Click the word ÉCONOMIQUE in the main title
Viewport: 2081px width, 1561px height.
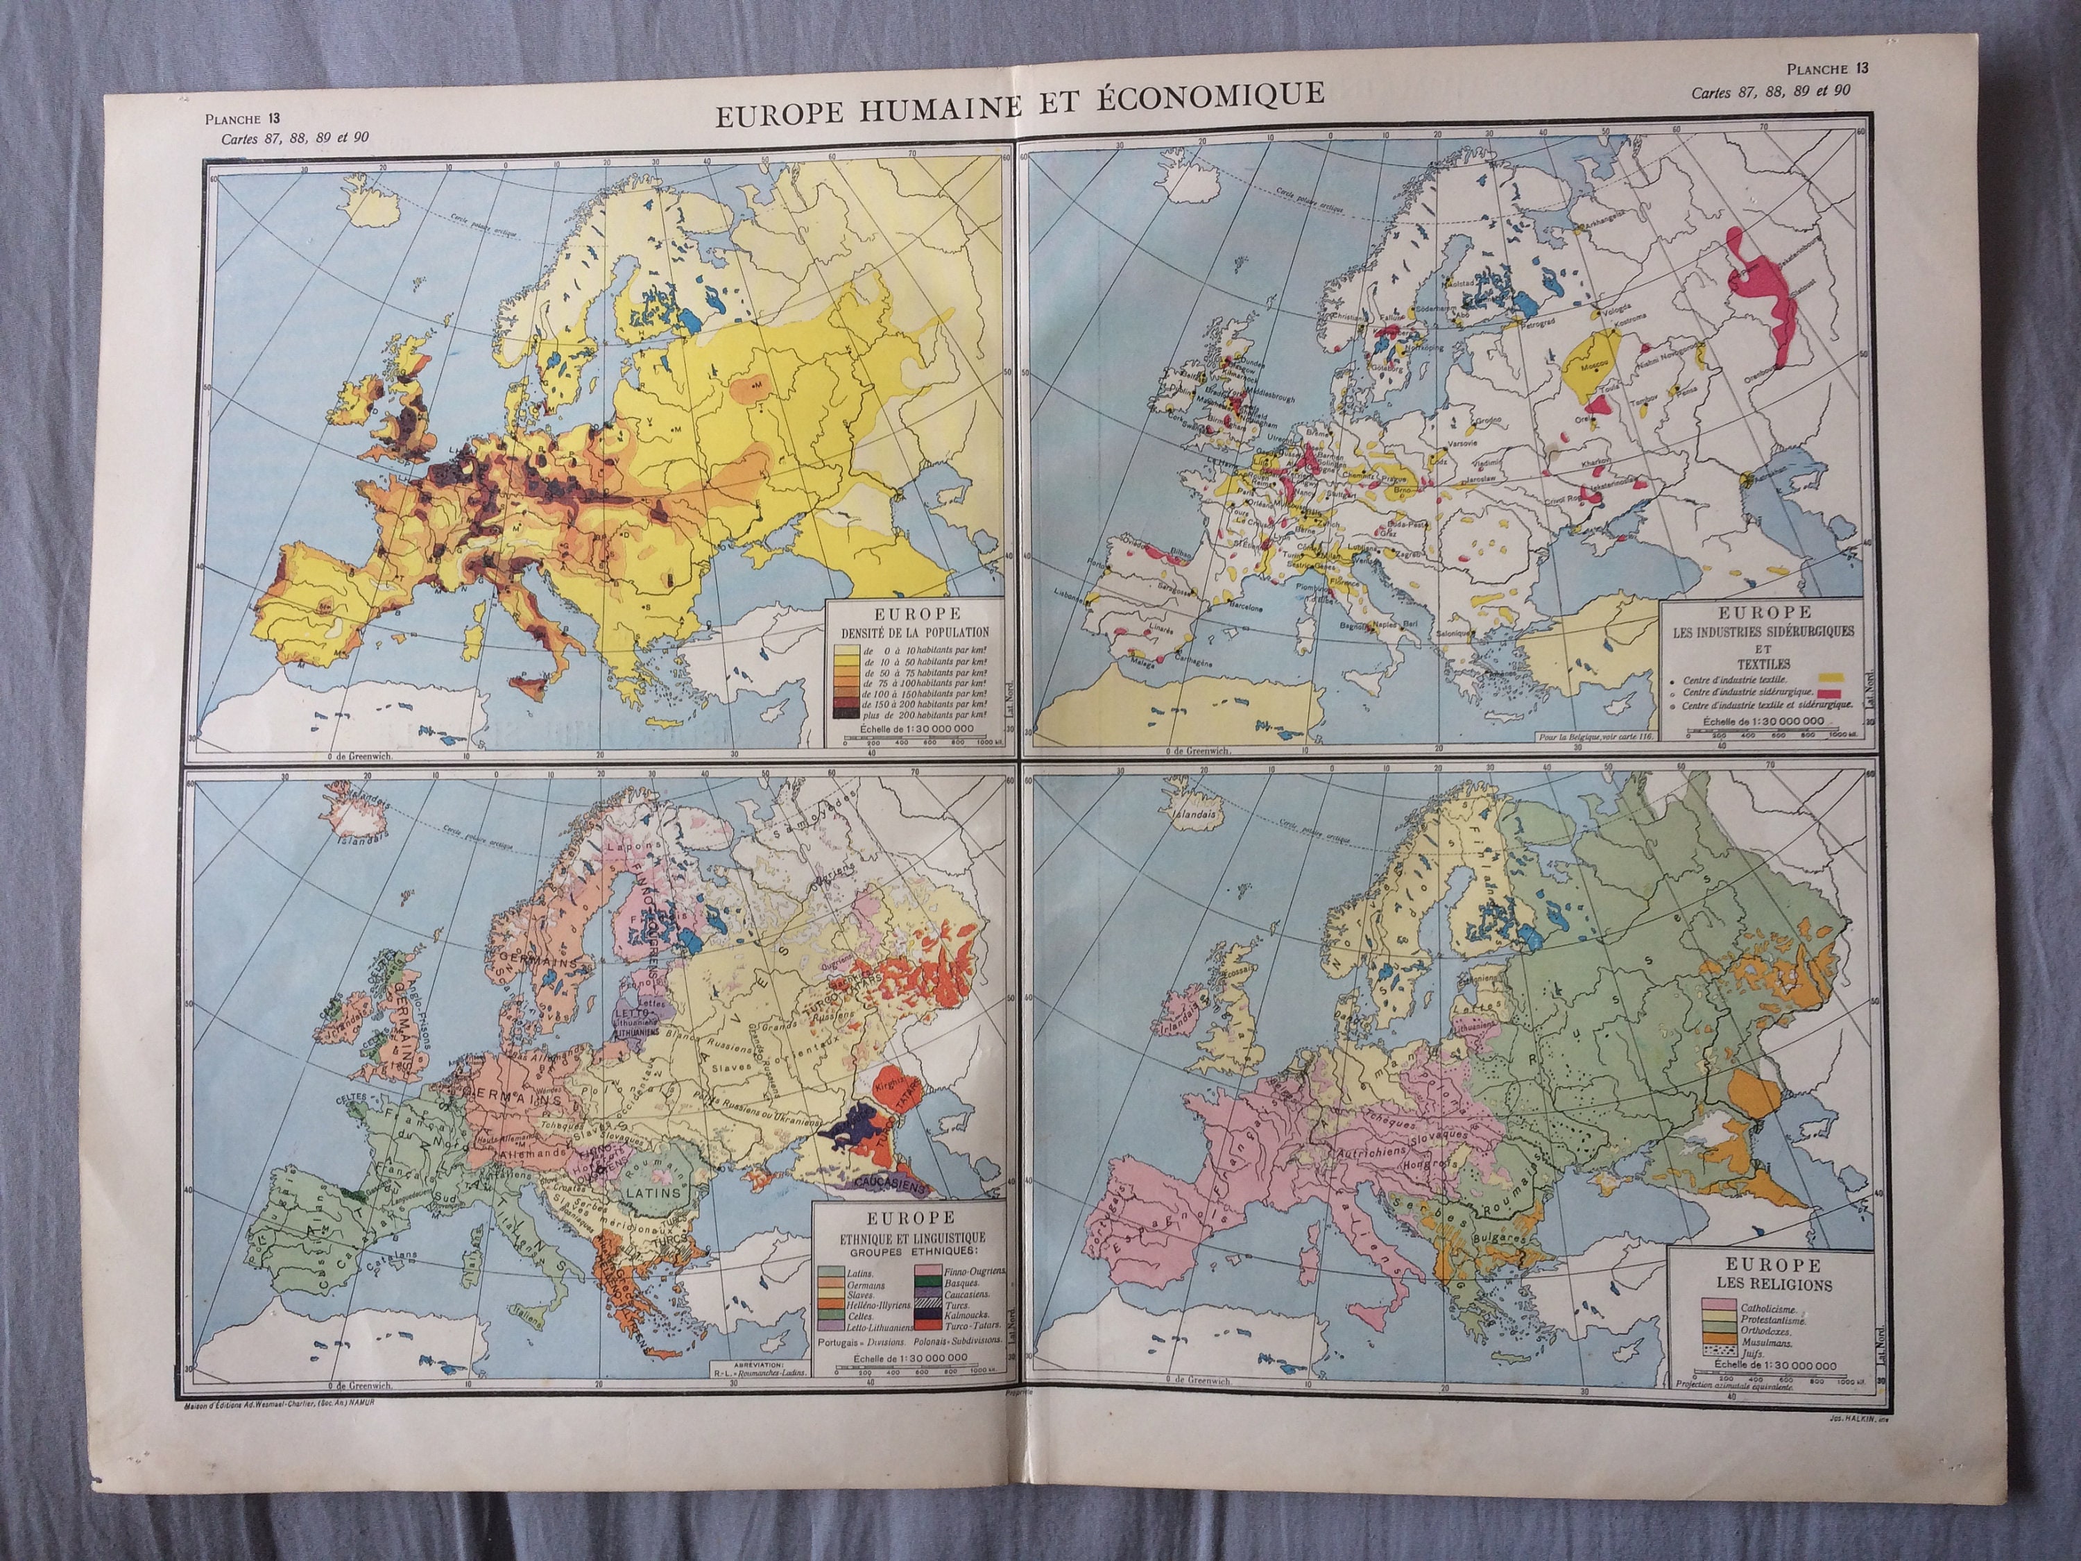1214,94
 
